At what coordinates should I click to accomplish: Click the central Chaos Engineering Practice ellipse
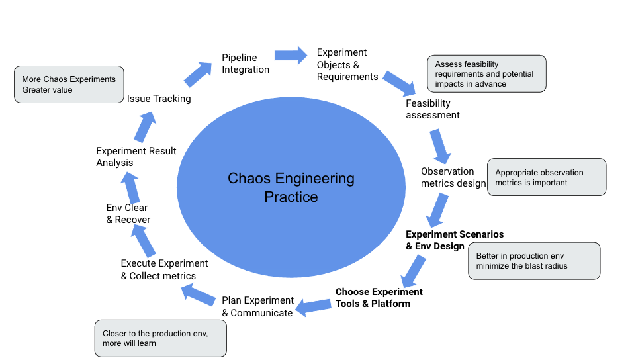(291, 187)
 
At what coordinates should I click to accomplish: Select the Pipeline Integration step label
(245, 64)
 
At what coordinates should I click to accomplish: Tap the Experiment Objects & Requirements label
(347, 64)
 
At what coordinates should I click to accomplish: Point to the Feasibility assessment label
(432, 109)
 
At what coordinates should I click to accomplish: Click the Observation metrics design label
(453, 177)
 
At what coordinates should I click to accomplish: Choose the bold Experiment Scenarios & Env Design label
(454, 240)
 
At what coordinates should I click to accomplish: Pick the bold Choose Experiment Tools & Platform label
(379, 298)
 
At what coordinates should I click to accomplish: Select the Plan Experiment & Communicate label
(257, 306)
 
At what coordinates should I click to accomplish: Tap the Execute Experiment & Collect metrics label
(164, 269)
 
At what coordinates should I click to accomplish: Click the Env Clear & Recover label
(128, 214)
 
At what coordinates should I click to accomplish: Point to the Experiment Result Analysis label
(136, 157)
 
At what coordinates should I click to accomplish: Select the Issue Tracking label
(159, 99)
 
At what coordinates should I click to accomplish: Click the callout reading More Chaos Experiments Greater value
(69, 84)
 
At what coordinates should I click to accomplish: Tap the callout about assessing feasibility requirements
(486, 74)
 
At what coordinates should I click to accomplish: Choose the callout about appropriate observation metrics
(546, 177)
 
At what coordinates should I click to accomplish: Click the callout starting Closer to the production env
(160, 338)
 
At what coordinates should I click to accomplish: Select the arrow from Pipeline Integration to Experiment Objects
(291, 56)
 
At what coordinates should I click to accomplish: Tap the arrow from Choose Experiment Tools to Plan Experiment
(313, 306)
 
